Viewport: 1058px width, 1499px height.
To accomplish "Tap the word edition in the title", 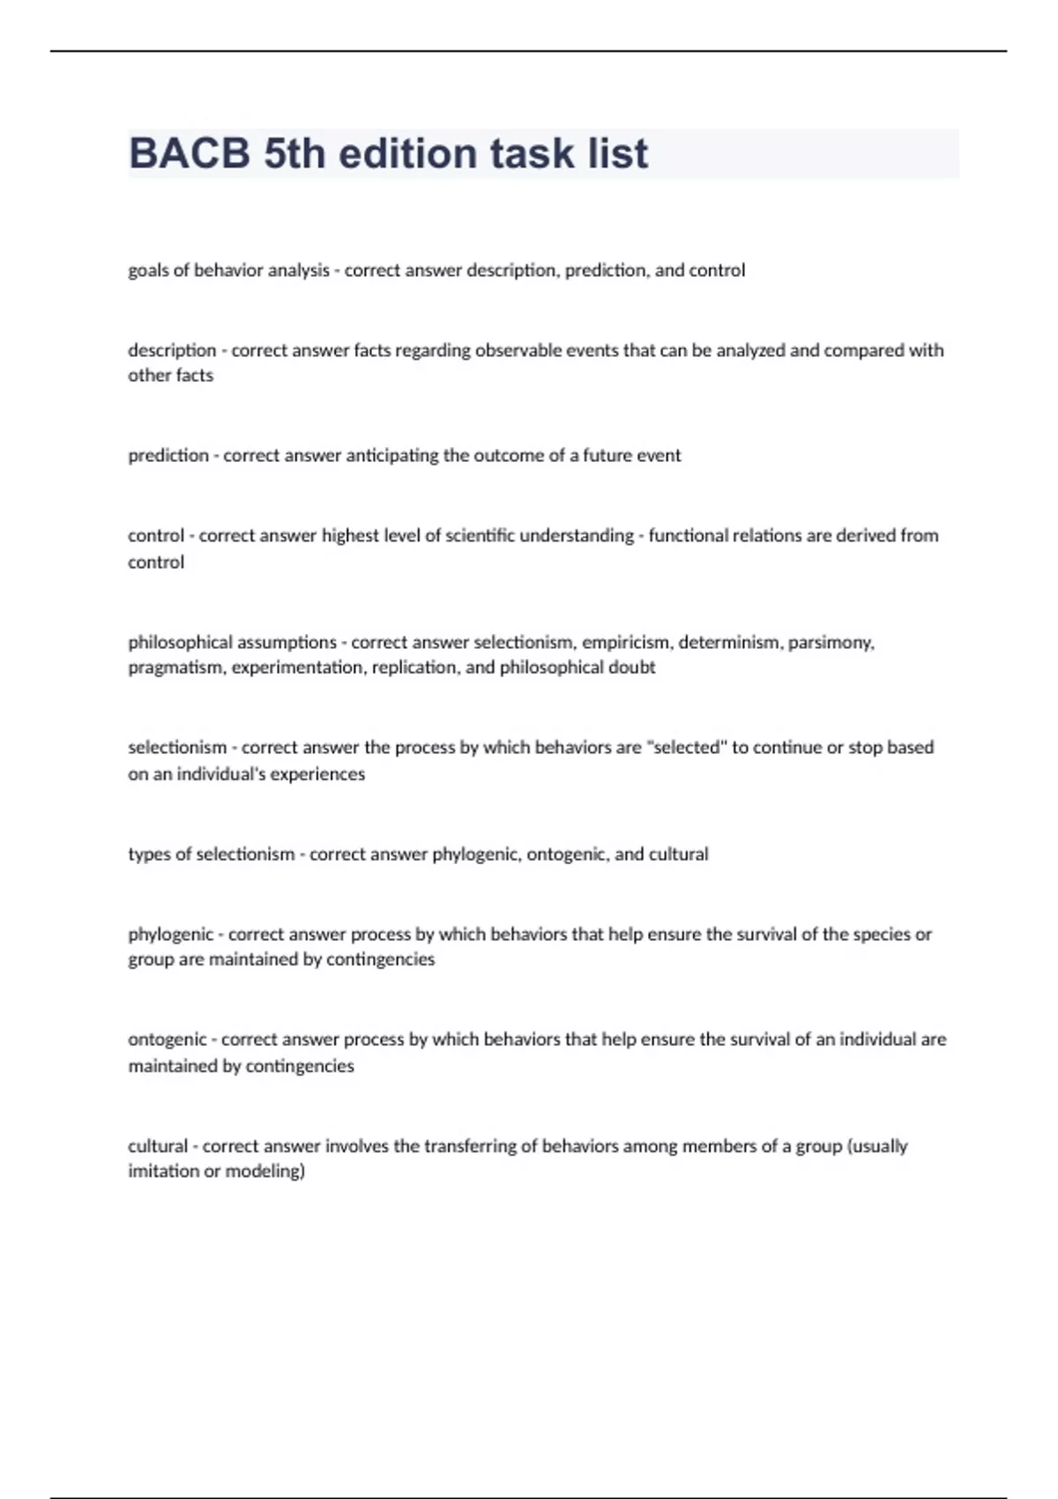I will coord(408,153).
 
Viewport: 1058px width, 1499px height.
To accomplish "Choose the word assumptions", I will coord(287,642).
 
